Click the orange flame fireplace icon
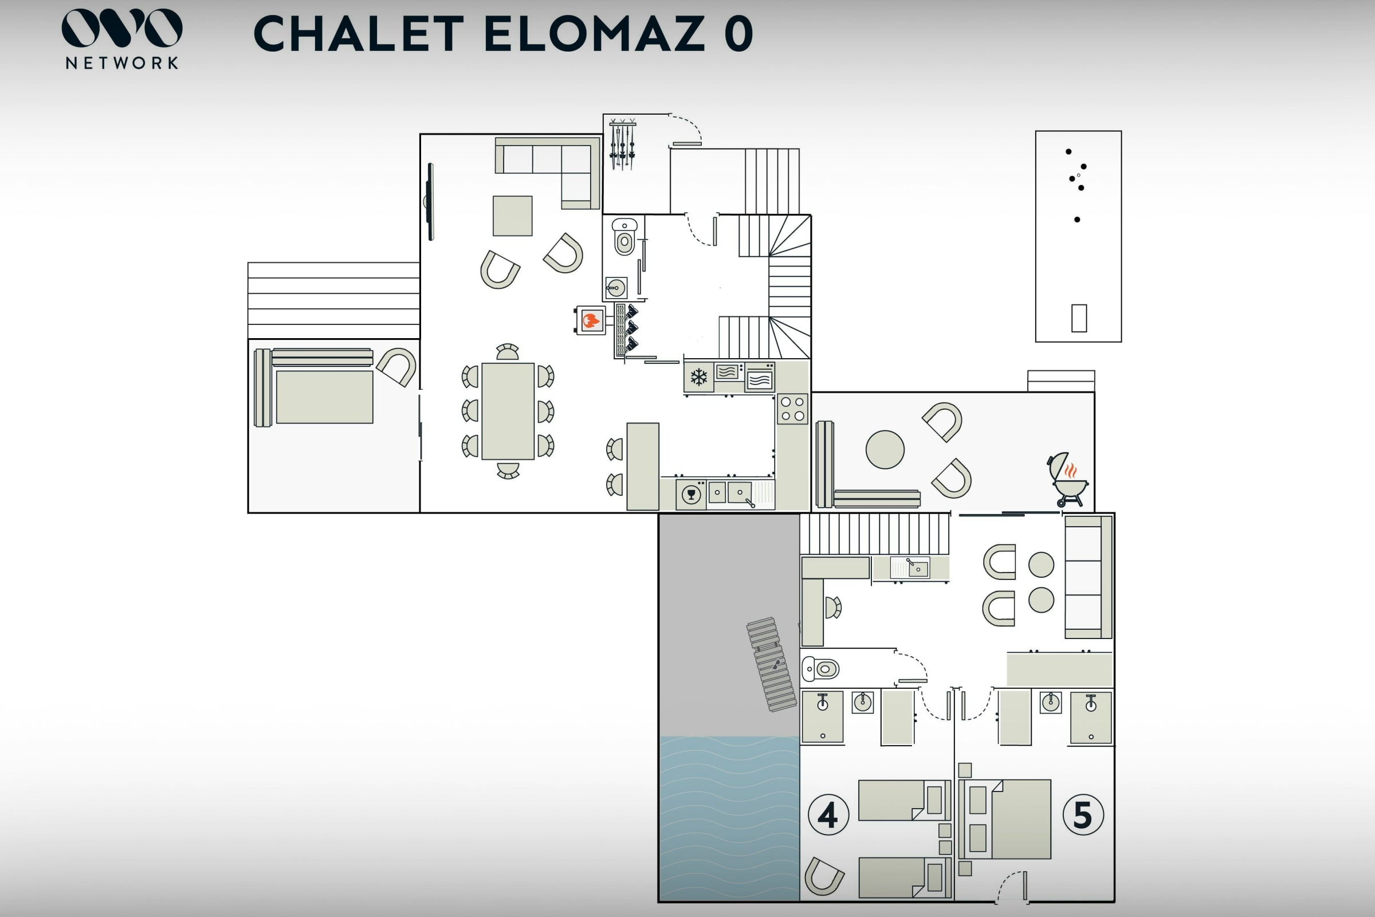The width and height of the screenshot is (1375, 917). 591,320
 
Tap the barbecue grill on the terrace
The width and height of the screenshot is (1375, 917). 1067,479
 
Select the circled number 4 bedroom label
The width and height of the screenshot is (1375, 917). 828,814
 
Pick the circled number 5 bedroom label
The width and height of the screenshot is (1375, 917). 1083,814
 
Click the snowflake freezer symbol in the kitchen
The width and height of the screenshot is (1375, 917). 698,377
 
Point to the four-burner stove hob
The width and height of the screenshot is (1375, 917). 792,409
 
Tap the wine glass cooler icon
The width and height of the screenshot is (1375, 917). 691,495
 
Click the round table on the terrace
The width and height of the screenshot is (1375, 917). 885,450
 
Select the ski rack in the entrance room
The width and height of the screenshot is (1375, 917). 622,144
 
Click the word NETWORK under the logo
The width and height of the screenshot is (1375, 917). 122,63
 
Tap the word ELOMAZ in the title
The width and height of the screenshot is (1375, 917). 595,33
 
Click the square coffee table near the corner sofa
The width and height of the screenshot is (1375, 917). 512,216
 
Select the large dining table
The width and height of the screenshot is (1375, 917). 508,411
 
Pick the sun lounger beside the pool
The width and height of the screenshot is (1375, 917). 771,665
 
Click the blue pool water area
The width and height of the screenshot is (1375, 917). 729,818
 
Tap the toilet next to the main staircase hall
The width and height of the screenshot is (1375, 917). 624,236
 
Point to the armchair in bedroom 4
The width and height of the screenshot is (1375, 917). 824,876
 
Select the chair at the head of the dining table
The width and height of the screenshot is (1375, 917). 508,351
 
